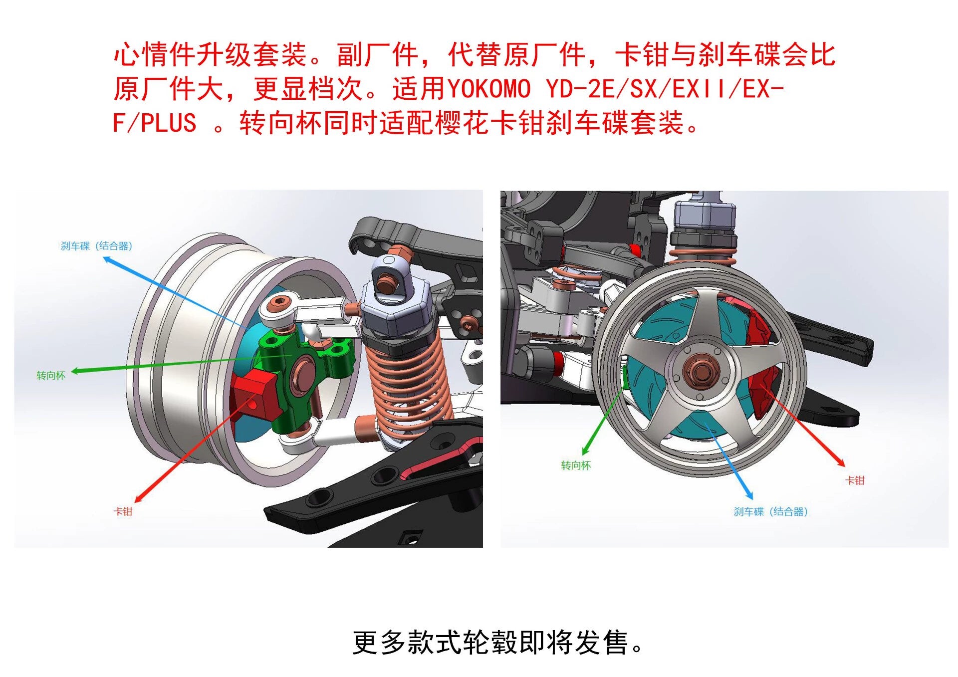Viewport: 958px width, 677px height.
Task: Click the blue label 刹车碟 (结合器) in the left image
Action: pos(96,246)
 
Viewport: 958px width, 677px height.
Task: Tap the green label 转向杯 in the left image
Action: pos(51,376)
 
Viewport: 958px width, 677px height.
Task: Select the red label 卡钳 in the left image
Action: pos(123,511)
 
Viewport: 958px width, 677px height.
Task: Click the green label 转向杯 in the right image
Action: pos(576,465)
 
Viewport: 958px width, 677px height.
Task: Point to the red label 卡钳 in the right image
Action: pos(855,480)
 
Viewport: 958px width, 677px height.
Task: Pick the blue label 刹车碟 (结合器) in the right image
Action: pos(770,511)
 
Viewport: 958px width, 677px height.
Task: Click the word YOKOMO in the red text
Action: pos(489,89)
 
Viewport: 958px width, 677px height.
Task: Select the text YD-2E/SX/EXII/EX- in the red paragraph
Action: pos(665,89)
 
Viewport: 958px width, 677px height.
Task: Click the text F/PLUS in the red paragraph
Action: pos(155,123)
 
